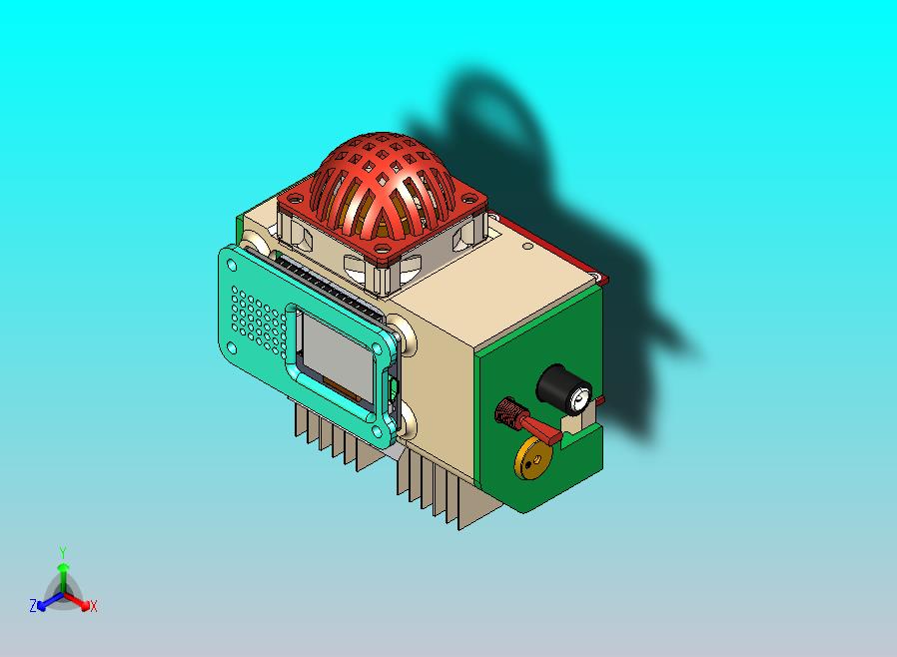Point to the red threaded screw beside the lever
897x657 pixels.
click(510, 410)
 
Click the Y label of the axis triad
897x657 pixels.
click(63, 552)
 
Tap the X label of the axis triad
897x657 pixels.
click(93, 606)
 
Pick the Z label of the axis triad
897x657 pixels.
click(33, 606)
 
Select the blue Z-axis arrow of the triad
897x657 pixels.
click(45, 602)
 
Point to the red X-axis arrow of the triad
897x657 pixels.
click(81, 602)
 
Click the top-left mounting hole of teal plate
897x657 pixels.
click(233, 266)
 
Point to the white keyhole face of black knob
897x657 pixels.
click(577, 400)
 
